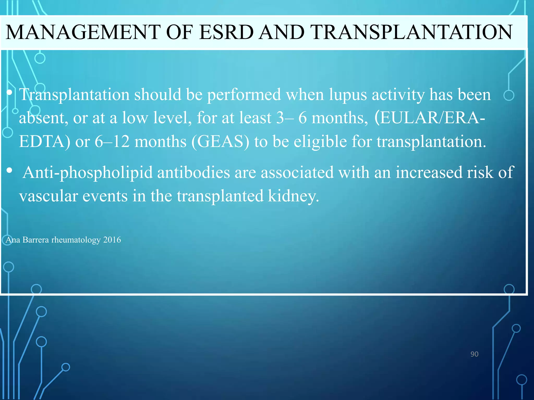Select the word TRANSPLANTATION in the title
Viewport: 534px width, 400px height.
pyautogui.click(x=412, y=32)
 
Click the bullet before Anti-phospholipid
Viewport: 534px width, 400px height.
pyautogui.click(x=10, y=171)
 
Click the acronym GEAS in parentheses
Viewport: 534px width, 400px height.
pyautogui.click(x=220, y=142)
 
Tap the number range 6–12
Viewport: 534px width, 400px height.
pyautogui.click(x=112, y=142)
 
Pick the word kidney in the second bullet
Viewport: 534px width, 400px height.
pyautogui.click(x=293, y=196)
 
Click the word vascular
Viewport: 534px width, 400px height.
pyautogui.click(x=48, y=196)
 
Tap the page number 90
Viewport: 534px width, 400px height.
pyautogui.click(x=474, y=354)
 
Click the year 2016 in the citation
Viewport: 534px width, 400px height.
pyautogui.click(x=112, y=240)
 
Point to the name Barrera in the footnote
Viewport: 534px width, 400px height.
pyautogui.click(x=36, y=240)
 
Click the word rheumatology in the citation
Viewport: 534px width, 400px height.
pyautogui.click(x=76, y=240)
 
